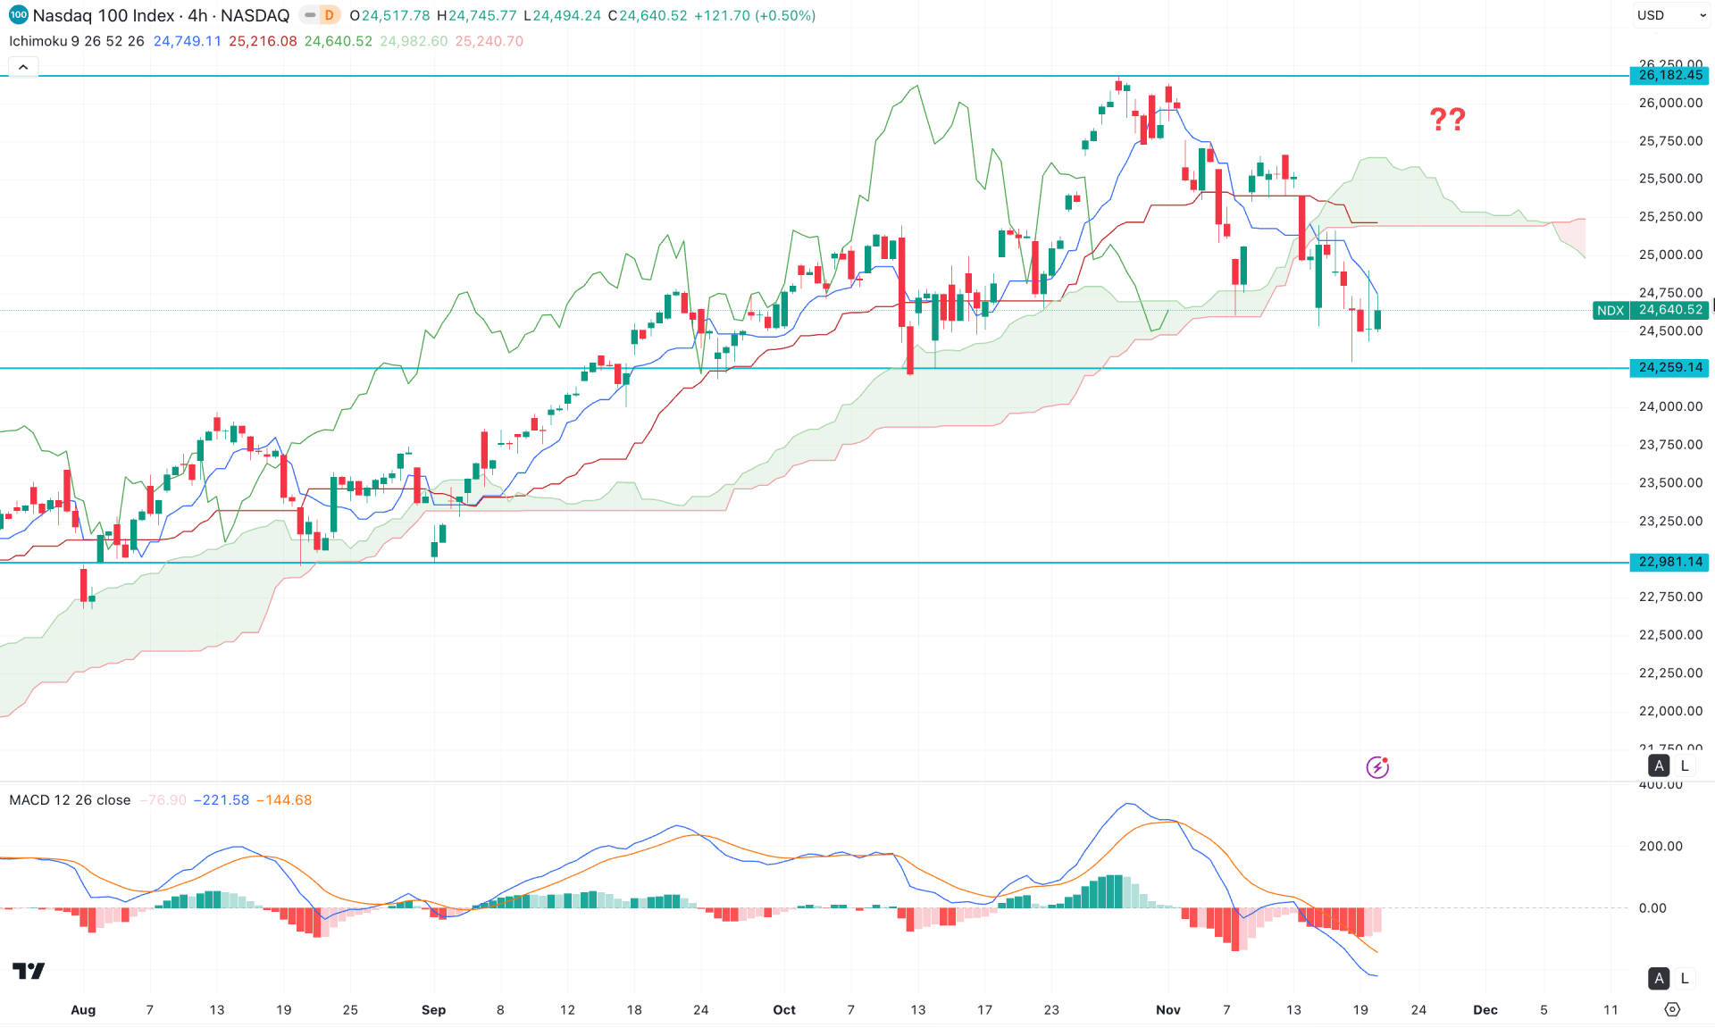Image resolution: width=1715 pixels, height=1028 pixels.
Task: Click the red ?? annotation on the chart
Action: (x=1447, y=119)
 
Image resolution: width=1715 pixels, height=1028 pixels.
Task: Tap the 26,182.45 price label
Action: (x=1669, y=75)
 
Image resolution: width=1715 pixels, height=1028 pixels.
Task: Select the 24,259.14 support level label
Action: (x=1669, y=367)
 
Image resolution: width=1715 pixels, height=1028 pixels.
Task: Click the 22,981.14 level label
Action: (x=1669, y=562)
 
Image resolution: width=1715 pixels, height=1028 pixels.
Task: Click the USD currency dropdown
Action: (x=1671, y=15)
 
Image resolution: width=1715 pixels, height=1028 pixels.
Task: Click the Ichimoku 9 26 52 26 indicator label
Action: (x=76, y=41)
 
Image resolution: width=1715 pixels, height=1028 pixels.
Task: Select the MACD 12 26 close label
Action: (x=70, y=799)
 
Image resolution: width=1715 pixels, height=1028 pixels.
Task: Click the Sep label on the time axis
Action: (x=433, y=1009)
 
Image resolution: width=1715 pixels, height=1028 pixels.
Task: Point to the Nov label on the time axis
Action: (x=1167, y=1009)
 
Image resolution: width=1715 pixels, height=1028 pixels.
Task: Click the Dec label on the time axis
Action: (x=1485, y=1009)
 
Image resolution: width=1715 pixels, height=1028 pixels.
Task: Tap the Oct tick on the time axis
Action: (x=783, y=1009)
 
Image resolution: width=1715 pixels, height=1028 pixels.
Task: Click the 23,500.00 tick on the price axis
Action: (x=1670, y=482)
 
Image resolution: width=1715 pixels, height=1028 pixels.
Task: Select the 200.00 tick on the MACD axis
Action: (x=1661, y=846)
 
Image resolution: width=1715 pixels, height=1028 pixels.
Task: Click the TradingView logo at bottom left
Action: (x=29, y=971)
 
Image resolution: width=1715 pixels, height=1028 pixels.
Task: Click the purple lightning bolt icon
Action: (x=1377, y=767)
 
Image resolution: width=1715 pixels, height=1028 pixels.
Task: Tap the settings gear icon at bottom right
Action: (x=1672, y=1009)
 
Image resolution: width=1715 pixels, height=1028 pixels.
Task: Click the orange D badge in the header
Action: (x=329, y=15)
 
